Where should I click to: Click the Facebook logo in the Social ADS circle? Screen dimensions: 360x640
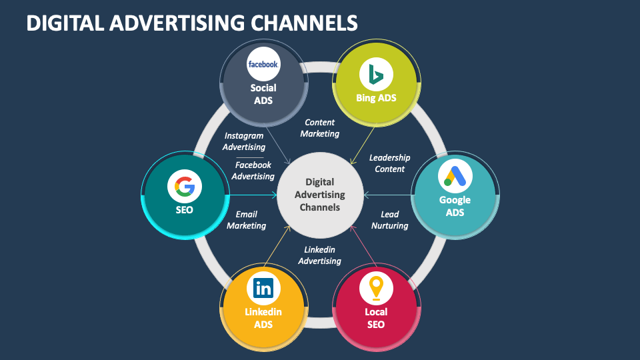point(263,64)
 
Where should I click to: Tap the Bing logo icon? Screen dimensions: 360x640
point(376,74)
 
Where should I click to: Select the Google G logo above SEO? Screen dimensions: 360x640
point(185,187)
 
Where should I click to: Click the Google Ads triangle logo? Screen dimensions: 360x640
point(455,177)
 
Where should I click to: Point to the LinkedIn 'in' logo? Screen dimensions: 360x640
point(263,289)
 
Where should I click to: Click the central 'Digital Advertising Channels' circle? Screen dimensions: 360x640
point(320,195)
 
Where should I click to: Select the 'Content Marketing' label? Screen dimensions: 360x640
point(319,128)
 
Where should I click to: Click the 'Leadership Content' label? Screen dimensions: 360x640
point(389,163)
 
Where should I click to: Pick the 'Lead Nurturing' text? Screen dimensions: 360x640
point(389,220)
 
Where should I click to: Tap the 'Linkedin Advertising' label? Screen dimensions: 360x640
point(319,255)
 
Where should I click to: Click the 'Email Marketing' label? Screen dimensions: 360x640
point(246,220)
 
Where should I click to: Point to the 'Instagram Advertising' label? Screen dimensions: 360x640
point(244,141)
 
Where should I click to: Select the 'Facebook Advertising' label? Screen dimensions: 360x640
point(253,171)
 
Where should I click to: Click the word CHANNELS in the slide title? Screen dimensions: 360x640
point(304,23)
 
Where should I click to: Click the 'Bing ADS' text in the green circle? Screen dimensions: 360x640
point(376,98)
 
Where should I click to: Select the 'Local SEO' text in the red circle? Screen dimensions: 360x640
point(376,318)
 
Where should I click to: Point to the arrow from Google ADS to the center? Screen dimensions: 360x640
point(388,195)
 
